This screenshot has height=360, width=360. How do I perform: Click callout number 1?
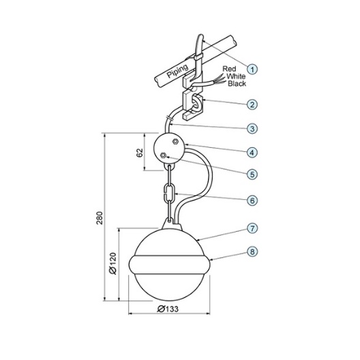[252, 69]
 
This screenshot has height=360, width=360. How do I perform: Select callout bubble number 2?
[252, 105]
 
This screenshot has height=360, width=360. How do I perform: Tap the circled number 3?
[252, 129]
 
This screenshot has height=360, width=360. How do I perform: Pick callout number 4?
[252, 153]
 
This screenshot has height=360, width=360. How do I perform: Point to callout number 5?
[252, 175]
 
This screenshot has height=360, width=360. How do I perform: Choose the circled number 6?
[252, 200]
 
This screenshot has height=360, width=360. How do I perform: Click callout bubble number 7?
[252, 228]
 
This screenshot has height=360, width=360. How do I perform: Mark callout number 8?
[252, 252]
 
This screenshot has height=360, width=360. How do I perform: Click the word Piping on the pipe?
[178, 71]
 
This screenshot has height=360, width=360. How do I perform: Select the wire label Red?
[229, 69]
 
